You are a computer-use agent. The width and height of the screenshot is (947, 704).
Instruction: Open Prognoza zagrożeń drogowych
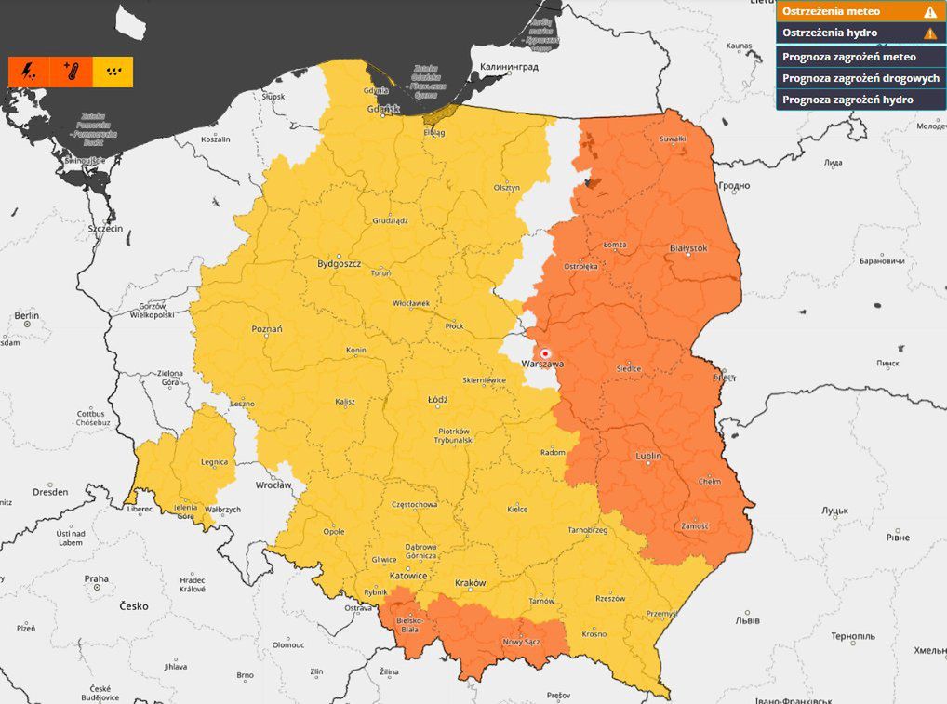860,78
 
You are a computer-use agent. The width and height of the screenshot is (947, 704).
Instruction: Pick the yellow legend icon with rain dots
113,72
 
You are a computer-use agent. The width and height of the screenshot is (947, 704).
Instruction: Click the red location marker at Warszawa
546,353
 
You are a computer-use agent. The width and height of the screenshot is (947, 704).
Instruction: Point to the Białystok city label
688,248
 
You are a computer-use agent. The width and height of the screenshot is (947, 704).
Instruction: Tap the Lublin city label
648,457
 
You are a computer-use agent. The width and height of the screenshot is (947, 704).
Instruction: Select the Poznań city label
267,329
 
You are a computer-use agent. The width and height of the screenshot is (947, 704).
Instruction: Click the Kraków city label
470,583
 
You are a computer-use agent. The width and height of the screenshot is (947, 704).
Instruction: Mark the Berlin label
26,316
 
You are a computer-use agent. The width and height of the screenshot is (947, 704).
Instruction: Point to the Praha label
97,578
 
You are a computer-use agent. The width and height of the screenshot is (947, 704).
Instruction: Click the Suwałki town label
672,139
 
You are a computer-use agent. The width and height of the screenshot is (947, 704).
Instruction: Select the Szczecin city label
105,228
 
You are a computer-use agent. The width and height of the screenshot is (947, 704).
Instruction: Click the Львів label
747,620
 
